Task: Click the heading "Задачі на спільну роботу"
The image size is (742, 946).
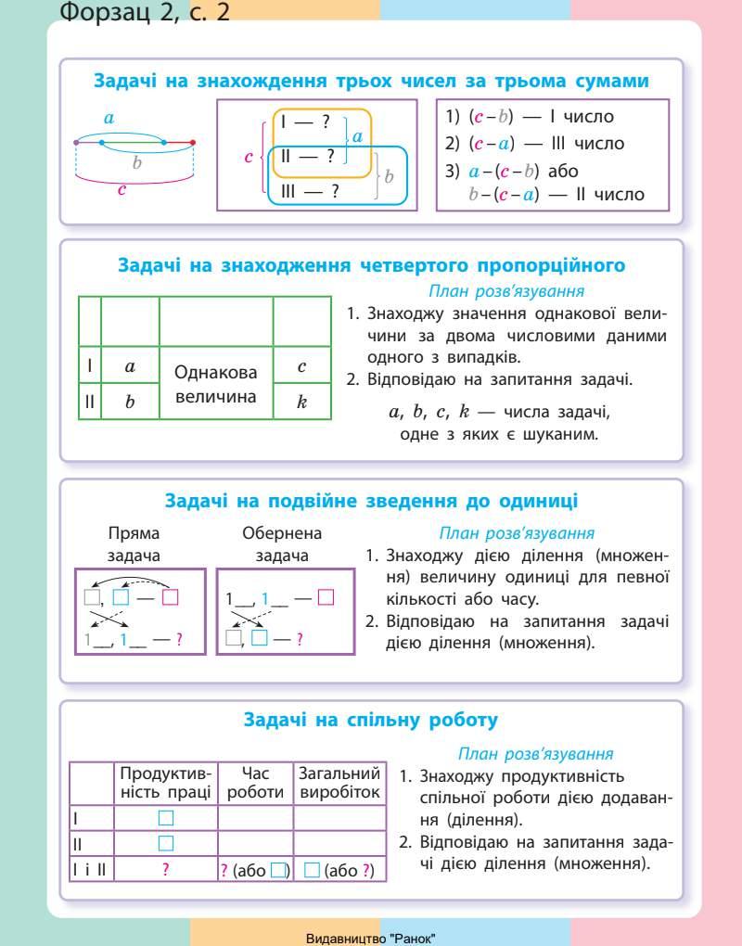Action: [371, 720]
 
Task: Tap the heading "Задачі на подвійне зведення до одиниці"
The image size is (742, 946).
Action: [371, 501]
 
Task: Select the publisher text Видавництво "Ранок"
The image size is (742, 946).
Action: [371, 938]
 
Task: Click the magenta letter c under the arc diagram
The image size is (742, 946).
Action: [122, 190]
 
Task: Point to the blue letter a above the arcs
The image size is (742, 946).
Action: [109, 118]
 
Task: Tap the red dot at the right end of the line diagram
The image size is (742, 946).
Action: [193, 142]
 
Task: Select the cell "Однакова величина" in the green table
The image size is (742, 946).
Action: [216, 384]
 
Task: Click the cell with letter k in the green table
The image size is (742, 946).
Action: [301, 402]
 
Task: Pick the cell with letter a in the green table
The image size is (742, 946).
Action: [130, 366]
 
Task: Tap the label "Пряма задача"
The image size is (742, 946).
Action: [134, 544]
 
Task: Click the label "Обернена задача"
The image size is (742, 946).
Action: [282, 544]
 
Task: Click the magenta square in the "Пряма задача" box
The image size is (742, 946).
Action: [170, 597]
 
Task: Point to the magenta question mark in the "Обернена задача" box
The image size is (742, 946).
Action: [300, 638]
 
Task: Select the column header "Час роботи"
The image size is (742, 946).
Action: [255, 783]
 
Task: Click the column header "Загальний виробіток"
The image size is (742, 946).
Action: [339, 783]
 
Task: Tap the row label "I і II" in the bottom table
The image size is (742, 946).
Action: [90, 870]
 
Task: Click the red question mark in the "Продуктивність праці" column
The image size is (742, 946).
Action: [165, 870]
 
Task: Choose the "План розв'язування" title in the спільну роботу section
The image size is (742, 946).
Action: [535, 754]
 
